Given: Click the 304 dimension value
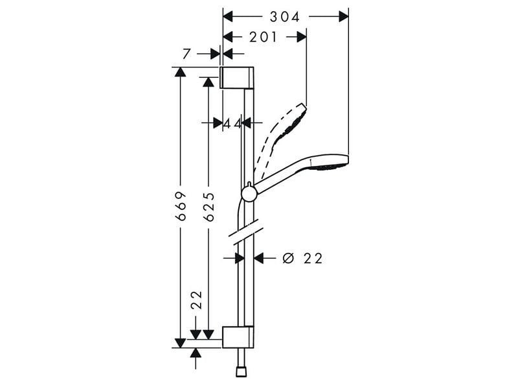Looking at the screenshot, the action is (x=284, y=17).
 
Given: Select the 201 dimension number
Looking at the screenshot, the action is (x=263, y=37).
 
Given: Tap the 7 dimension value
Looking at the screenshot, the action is (x=187, y=54).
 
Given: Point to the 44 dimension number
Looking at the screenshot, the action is (x=233, y=124).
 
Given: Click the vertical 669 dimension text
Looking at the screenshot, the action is (x=181, y=206).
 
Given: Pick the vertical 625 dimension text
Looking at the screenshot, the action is (x=208, y=207).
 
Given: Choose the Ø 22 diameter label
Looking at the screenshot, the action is (x=302, y=258).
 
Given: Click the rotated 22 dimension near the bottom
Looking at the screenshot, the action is (x=197, y=300).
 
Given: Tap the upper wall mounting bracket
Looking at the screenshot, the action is (x=237, y=78).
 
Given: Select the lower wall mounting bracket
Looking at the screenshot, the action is (x=238, y=337).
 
